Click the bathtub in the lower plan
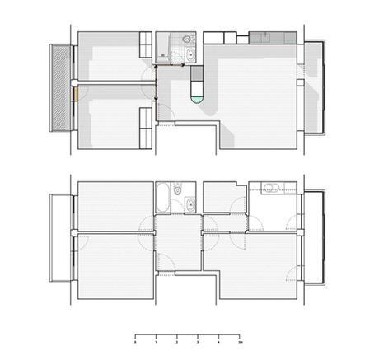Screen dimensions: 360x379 [163, 199]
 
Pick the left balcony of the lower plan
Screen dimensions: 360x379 [60, 239]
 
